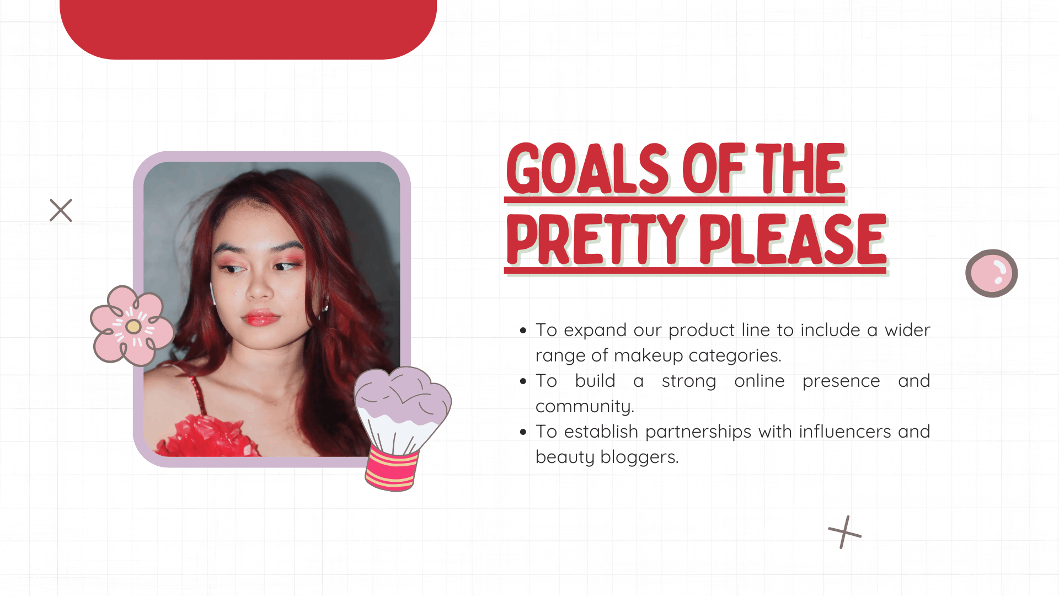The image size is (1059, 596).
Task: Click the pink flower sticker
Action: click(x=132, y=326)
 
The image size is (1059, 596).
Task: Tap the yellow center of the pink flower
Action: click(x=133, y=327)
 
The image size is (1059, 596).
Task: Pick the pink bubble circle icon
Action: click(x=991, y=273)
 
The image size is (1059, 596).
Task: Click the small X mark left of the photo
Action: click(x=61, y=210)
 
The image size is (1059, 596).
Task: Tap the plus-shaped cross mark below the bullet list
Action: click(x=844, y=532)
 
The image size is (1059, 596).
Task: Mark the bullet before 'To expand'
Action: click(x=523, y=331)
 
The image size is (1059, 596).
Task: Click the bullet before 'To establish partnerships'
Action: click(x=523, y=432)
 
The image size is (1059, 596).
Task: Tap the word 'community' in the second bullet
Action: click(x=584, y=407)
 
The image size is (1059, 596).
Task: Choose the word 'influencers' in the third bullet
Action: click(x=845, y=432)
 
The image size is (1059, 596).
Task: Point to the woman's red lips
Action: click(x=260, y=317)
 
